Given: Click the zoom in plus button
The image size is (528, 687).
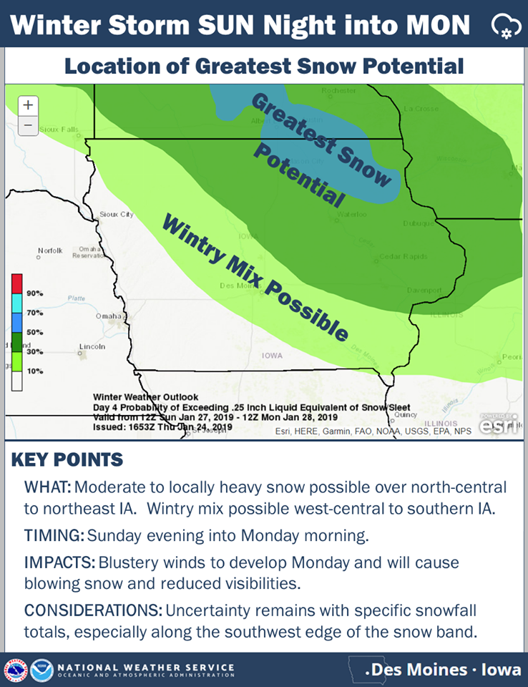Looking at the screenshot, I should (x=27, y=104).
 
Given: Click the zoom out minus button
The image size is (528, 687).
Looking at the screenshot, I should (x=27, y=125).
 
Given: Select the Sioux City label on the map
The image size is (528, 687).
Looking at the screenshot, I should (x=117, y=214).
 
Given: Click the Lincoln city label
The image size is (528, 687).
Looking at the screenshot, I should (x=93, y=346).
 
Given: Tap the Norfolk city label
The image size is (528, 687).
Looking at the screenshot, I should (x=51, y=250).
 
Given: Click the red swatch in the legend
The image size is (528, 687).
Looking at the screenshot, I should (x=17, y=283).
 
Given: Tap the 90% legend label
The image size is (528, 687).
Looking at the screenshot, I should (x=34, y=293).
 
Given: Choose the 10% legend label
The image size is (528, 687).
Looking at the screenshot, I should (x=34, y=371).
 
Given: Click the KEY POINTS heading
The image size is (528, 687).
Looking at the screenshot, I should (x=67, y=460).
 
